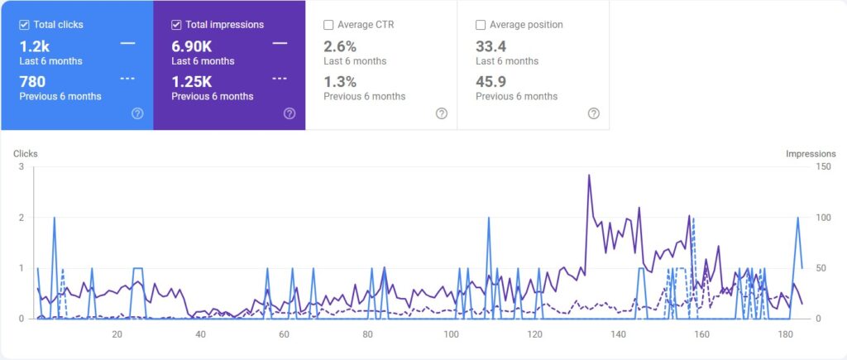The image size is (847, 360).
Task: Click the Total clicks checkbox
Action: click(25, 25)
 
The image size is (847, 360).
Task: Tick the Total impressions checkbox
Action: click(176, 25)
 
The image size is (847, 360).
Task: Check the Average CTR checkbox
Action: click(329, 25)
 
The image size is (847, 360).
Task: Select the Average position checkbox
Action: click(481, 25)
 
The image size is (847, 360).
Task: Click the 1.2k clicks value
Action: click(34, 46)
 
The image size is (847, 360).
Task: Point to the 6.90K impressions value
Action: click(192, 46)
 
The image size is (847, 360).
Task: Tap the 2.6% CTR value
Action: click(340, 46)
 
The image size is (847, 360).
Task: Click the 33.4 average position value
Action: click(491, 46)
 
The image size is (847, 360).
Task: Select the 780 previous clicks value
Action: click(32, 81)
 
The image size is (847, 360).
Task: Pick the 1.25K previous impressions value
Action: click(192, 81)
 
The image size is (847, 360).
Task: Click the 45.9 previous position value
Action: click(491, 81)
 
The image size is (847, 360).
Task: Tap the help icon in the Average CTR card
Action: click(442, 113)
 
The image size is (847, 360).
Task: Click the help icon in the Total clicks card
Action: click(137, 113)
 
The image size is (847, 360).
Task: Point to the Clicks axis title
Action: click(25, 154)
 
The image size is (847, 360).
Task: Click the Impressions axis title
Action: click(811, 154)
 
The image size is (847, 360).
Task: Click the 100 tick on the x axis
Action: click(451, 334)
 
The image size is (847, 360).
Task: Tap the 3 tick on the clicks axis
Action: click(21, 166)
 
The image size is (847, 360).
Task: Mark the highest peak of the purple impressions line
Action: click(589, 175)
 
